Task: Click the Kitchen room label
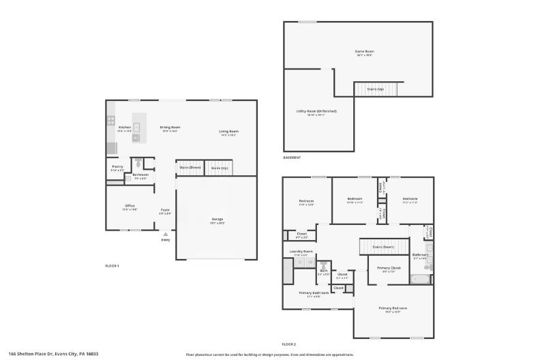124,127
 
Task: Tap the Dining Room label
170,127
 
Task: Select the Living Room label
228,131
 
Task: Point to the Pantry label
117,166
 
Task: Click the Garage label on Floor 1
217,220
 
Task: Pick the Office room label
130,206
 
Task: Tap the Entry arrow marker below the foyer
165,234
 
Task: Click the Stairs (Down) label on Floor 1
190,167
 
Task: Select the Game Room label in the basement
364,51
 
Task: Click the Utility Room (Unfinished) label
316,110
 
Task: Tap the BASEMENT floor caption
292,157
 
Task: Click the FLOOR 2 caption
288,344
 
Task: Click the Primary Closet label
387,268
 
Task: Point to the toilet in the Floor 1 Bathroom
138,163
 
